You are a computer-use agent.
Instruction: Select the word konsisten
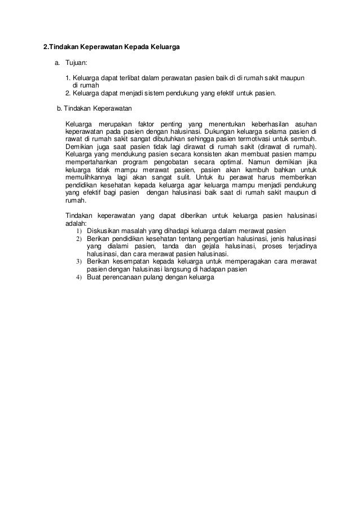tap(207, 153)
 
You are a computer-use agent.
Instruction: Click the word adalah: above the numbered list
tap(76, 223)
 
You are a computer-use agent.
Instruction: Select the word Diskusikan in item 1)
tap(107, 230)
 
